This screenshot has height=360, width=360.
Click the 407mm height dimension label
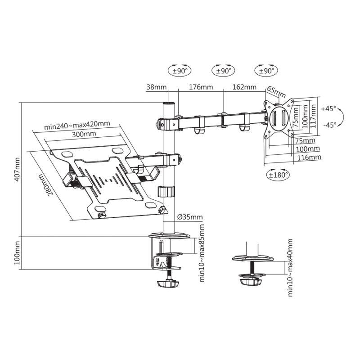(x=17, y=169)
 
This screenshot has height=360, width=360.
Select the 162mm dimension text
(x=244, y=87)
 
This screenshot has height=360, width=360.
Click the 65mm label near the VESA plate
(x=276, y=91)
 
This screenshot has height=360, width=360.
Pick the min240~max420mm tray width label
(x=77, y=125)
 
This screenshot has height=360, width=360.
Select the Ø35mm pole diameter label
(x=189, y=217)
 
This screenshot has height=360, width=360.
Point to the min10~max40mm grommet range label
(x=290, y=267)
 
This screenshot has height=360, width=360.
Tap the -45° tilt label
(x=329, y=125)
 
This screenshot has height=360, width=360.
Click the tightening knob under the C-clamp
(x=167, y=284)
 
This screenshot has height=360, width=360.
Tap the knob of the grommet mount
(x=250, y=281)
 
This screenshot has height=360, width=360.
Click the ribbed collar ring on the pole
(x=165, y=191)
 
